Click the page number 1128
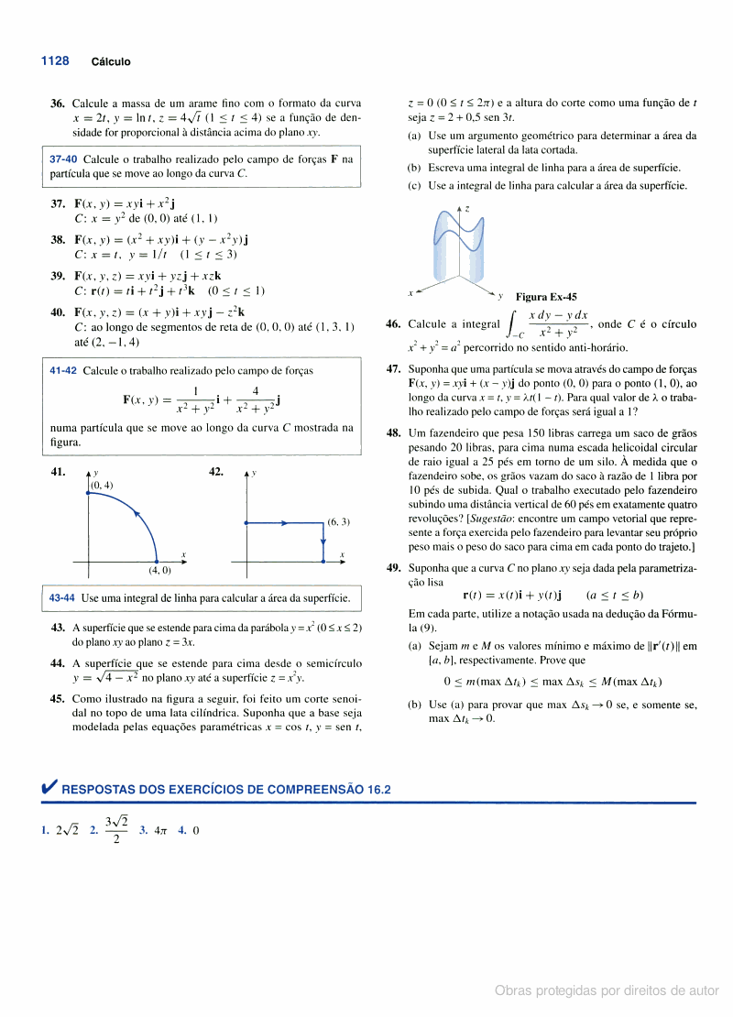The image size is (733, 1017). click(x=55, y=60)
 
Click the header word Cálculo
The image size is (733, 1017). click(x=111, y=62)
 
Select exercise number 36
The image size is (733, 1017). click(x=57, y=104)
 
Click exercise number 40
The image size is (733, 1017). click(x=57, y=312)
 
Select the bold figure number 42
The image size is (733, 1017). click(x=216, y=471)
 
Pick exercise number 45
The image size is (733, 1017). click(x=57, y=697)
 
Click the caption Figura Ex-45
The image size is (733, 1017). click(x=546, y=297)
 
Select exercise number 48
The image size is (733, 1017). click(x=394, y=432)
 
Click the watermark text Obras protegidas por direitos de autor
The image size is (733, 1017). click(x=607, y=991)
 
